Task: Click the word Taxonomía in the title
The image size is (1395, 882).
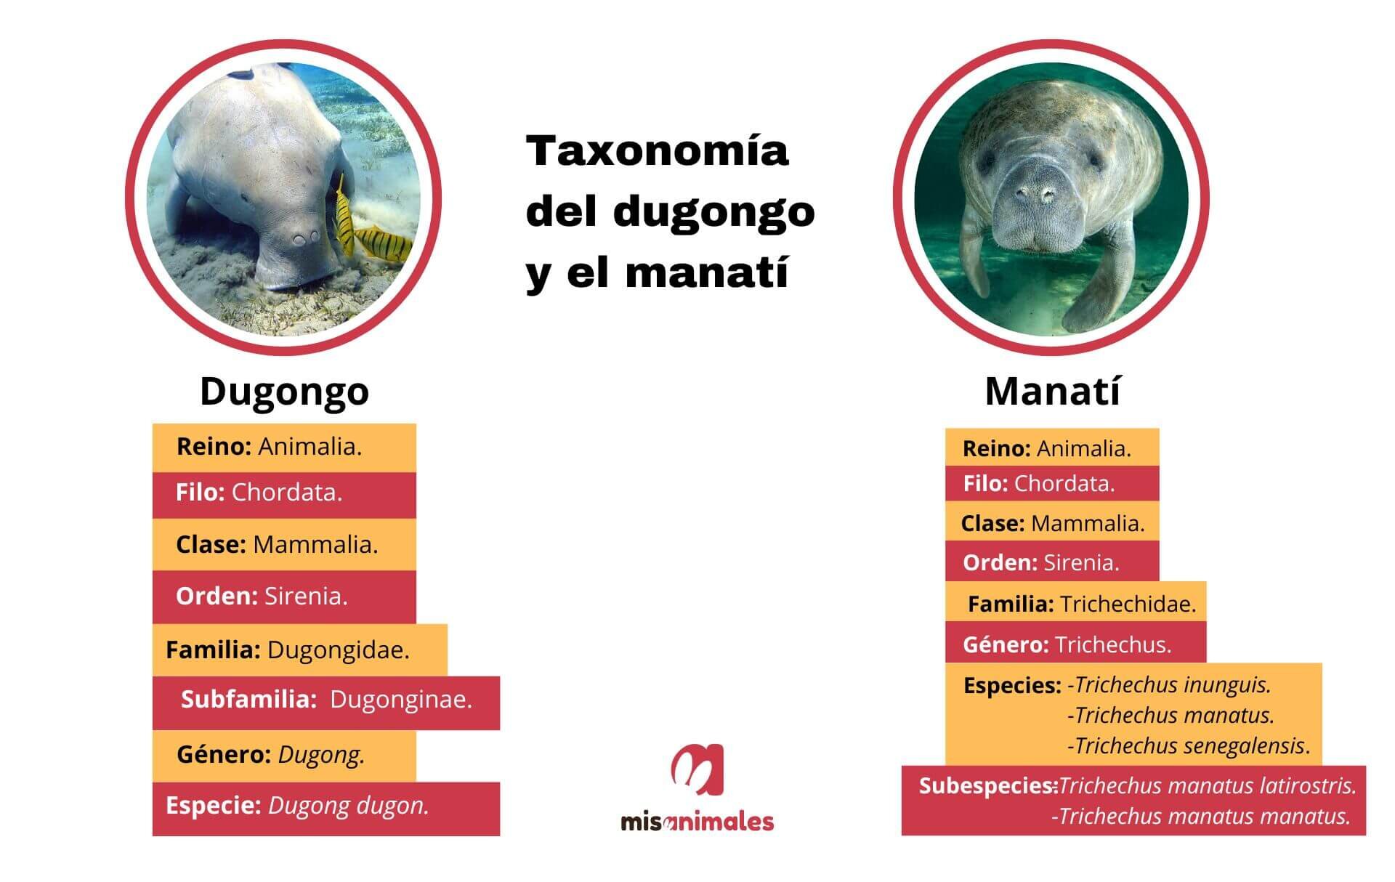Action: pos(658,150)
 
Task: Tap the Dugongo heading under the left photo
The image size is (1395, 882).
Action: pos(284,392)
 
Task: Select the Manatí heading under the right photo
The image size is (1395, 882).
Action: pos(1053,391)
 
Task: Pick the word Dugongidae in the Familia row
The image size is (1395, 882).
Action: pos(338,650)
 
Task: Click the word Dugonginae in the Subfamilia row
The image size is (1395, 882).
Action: pos(401,700)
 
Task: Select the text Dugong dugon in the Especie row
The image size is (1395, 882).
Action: pos(349,806)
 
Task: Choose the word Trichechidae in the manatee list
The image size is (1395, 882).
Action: pos(1128,604)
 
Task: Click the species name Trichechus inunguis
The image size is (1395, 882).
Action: pos(1173,685)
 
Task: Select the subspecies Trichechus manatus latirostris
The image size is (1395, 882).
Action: pos(1208,785)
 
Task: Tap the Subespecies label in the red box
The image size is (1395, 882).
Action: pos(987,785)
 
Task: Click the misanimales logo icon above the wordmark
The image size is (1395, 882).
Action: pos(697,770)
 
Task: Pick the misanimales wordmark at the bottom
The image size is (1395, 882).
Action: pos(697,822)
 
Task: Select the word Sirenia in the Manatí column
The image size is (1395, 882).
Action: pos(1081,563)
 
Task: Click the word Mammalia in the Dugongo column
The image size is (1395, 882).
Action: pos(315,545)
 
